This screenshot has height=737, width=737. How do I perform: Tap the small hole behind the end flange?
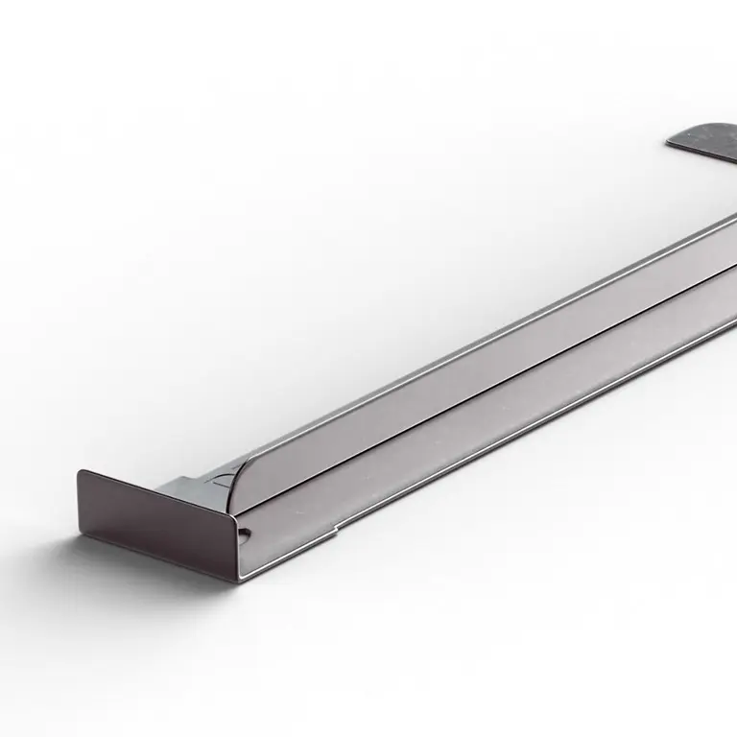(247, 531)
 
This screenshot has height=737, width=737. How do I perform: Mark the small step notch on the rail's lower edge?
(335, 526)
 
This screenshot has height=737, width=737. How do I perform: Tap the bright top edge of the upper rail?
(480, 331)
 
